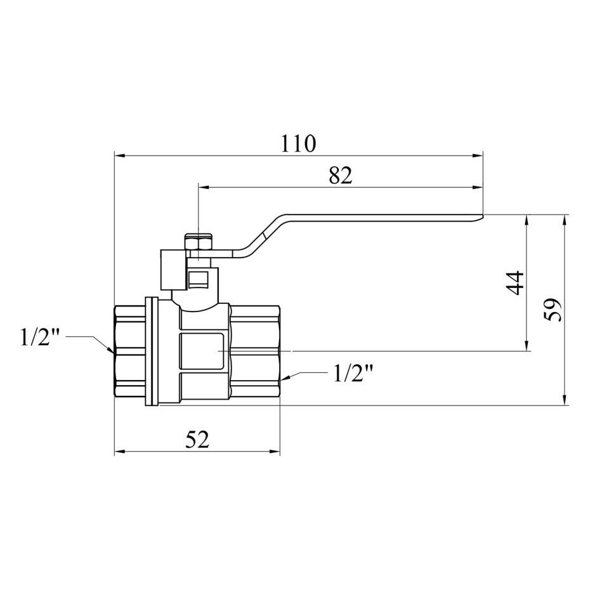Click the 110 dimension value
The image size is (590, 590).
coord(298,143)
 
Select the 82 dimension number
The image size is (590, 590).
coord(340,175)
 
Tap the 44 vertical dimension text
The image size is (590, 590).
coord(515,283)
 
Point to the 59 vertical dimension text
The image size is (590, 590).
coord(553,310)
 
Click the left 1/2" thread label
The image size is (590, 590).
coord(40,338)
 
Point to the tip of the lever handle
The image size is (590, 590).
coord(482,216)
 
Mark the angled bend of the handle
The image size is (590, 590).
coord(265,235)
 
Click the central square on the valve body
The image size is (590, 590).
coord(202,351)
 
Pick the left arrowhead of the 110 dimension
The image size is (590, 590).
coord(119,155)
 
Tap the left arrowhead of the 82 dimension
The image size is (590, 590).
coord(204,187)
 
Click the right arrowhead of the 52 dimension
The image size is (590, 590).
coord(275,452)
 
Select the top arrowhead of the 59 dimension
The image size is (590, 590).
coord(564,220)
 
